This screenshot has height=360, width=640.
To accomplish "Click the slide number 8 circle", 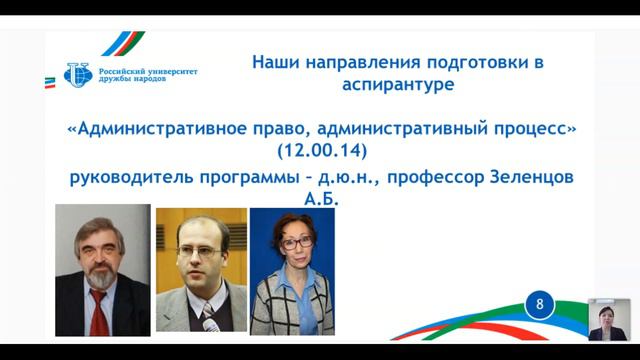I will point(541,305).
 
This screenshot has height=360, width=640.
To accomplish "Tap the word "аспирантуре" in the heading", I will point(396,85).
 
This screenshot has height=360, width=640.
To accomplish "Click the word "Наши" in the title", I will point(276,62).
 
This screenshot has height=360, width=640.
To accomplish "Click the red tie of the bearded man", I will point(99,314).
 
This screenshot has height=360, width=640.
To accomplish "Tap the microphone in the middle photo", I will point(208,317).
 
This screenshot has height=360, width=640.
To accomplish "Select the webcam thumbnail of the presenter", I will point(608,319).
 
